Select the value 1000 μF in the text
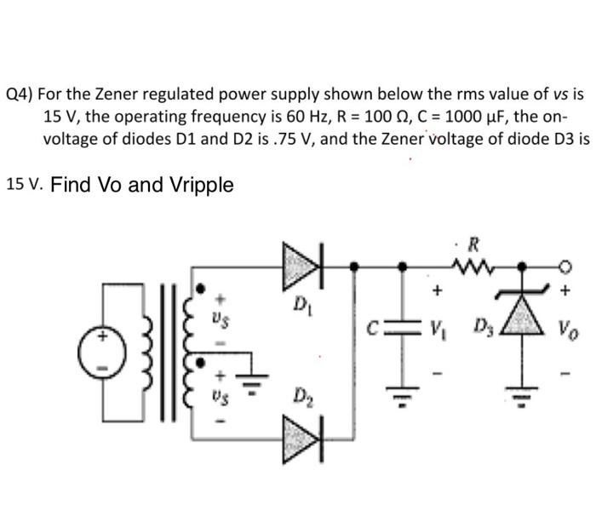click(407, 116)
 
